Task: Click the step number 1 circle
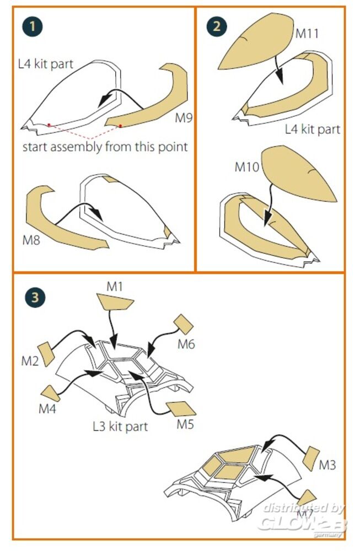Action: coord(32,26)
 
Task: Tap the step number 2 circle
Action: coord(216,26)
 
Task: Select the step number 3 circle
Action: coord(34,298)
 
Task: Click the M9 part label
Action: coord(184,118)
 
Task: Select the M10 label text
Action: coord(247,166)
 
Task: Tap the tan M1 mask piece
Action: coord(115,302)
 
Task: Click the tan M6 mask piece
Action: coord(183,325)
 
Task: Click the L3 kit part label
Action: coord(120,426)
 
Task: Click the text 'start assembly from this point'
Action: coord(105,147)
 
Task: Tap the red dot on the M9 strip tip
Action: coord(120,126)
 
